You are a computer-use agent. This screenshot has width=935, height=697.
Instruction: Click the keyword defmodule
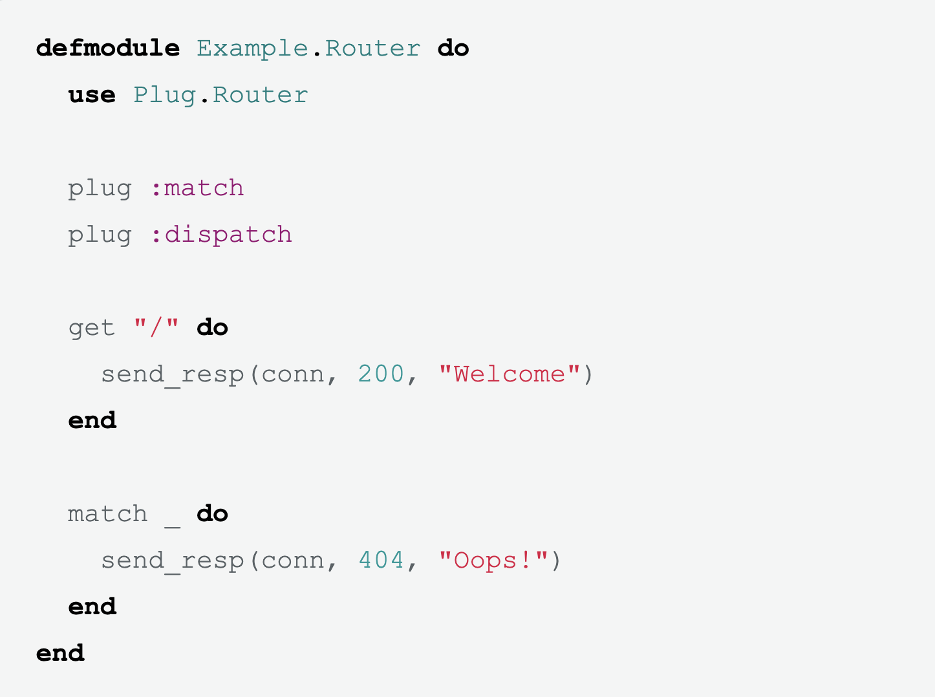tap(108, 48)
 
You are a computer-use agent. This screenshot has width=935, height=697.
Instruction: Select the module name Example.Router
tap(308, 48)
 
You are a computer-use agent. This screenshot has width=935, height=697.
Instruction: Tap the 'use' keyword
tap(92, 95)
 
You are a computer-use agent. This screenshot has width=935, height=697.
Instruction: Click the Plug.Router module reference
tap(220, 95)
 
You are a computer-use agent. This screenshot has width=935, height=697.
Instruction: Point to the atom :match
tap(197, 188)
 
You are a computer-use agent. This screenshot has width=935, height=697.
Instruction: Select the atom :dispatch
tap(221, 235)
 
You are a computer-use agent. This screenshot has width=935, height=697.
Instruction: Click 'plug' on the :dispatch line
tap(100, 235)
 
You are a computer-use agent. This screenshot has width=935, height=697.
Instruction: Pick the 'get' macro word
tap(92, 328)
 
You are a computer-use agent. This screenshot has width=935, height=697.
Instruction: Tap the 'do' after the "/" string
tap(212, 328)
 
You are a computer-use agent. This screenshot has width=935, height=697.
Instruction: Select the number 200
tap(381, 374)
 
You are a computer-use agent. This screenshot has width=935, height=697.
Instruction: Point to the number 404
tap(381, 561)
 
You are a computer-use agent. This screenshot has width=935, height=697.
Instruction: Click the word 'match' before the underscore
tap(108, 514)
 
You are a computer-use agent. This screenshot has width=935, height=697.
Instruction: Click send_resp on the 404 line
tap(172, 561)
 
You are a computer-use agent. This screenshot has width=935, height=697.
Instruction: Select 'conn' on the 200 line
tap(292, 374)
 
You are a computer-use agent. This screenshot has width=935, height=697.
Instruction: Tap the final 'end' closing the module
tap(60, 654)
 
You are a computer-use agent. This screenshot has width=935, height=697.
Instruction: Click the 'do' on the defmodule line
tap(453, 48)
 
